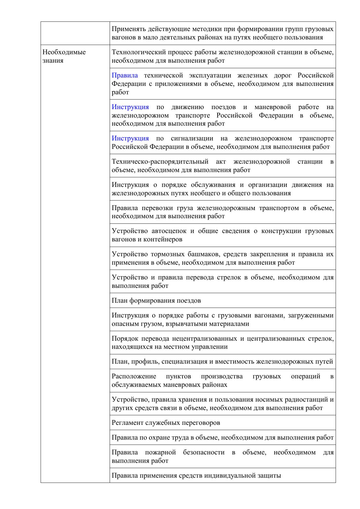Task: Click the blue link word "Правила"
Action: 125,75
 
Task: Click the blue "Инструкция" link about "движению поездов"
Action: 130,107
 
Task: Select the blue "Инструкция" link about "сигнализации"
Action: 130,138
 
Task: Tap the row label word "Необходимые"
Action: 64,52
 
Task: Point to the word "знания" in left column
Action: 53,61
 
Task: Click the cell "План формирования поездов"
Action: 156,300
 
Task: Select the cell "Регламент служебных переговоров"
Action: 166,423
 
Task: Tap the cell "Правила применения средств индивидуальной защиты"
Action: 196,475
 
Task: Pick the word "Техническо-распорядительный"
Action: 160,162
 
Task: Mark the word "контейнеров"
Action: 164,239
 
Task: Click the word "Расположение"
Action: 134,376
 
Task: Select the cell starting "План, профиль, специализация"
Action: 222,361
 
